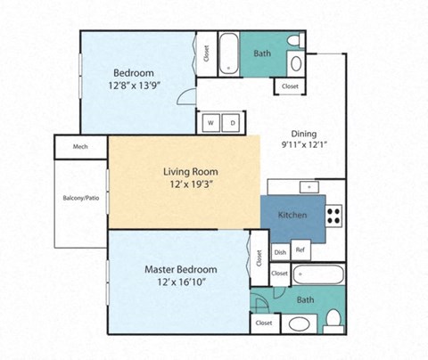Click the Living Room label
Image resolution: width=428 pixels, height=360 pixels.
coord(190,171)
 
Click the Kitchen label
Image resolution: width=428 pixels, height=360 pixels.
coord(292,216)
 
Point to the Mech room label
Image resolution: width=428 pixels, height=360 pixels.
coord(79,147)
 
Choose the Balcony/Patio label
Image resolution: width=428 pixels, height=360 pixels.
coord(80,198)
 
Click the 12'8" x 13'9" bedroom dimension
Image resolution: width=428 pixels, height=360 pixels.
coord(134,86)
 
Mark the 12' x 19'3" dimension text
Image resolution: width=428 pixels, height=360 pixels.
coord(190,184)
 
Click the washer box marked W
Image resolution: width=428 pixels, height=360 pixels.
coord(211,123)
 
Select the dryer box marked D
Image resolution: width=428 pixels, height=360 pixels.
coord(232,123)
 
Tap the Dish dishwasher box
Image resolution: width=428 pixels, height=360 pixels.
coord(280,252)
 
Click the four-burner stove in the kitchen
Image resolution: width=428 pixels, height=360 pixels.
coord(333,215)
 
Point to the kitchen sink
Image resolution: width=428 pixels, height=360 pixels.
coord(309,187)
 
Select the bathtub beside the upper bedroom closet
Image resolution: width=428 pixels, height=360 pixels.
coord(228,53)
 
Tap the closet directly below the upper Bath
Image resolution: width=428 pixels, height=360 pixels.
coord(291,86)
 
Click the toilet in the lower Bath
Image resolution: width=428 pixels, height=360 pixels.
coord(333,319)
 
